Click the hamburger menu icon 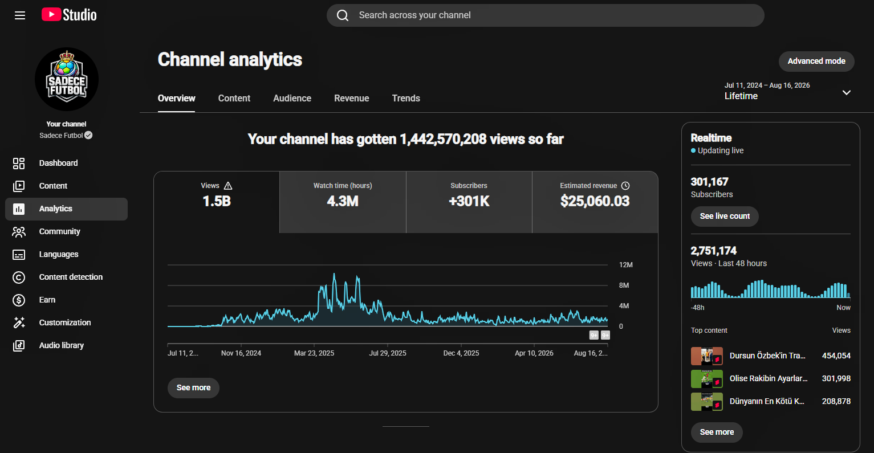point(20,15)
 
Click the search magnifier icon point(343,15)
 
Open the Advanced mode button point(816,61)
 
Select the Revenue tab point(352,98)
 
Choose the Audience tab point(292,98)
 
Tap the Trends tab point(406,98)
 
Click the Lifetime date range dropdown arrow point(846,92)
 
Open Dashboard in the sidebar point(59,163)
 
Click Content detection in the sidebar point(71,277)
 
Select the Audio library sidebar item point(61,345)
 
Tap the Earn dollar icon point(19,300)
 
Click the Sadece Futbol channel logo point(67,79)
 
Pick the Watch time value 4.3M point(343,201)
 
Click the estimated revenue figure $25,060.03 point(595,201)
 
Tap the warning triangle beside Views point(228,186)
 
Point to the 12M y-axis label point(626,265)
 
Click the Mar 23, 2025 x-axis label point(314,353)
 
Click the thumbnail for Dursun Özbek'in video point(706,356)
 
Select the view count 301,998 point(836,378)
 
